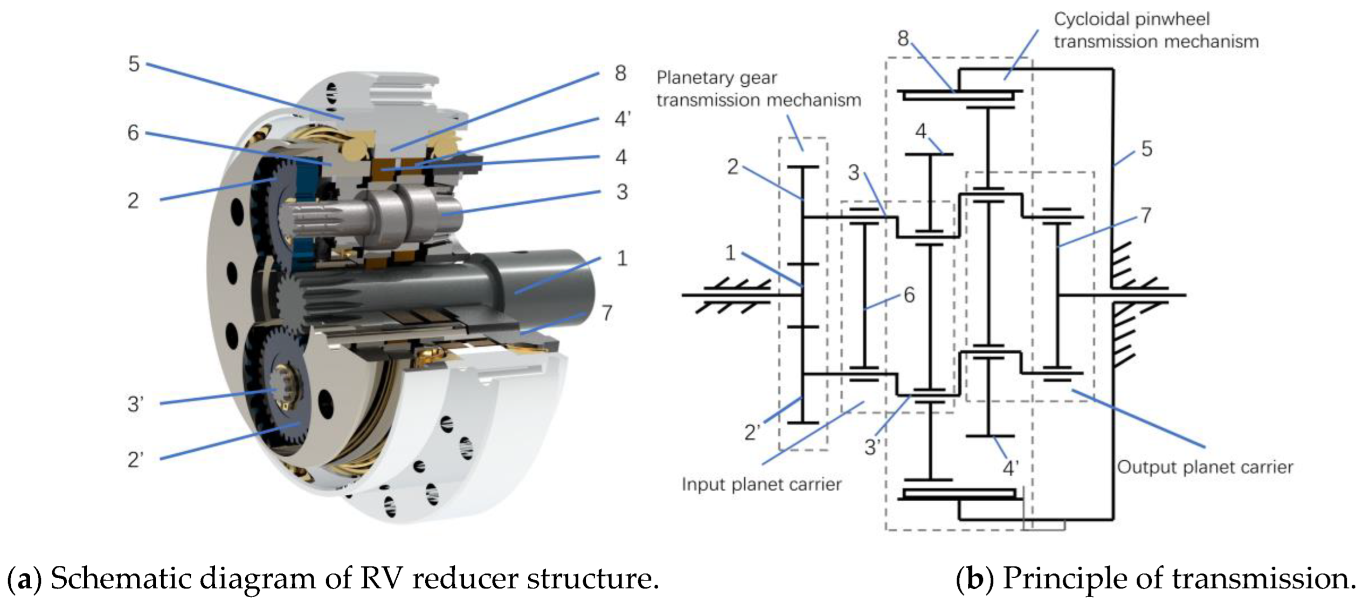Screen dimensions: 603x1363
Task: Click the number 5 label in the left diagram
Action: tap(134, 64)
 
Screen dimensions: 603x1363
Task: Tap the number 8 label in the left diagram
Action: tap(620, 73)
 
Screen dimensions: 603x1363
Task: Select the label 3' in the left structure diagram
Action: tap(135, 404)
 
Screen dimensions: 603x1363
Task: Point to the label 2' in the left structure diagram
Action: tap(135, 460)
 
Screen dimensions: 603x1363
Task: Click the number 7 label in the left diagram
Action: tap(607, 313)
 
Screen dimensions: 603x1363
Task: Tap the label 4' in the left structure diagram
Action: tap(622, 119)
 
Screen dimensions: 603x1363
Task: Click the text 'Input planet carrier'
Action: tap(761, 484)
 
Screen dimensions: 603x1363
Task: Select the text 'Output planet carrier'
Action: tap(1205, 467)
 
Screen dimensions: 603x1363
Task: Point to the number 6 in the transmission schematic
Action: tap(909, 295)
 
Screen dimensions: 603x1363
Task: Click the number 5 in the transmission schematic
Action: tap(1146, 149)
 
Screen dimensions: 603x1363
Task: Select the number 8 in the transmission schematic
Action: tap(903, 38)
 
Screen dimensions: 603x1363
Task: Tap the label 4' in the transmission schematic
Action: tap(1010, 468)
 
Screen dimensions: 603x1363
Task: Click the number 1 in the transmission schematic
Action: tap(730, 252)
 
